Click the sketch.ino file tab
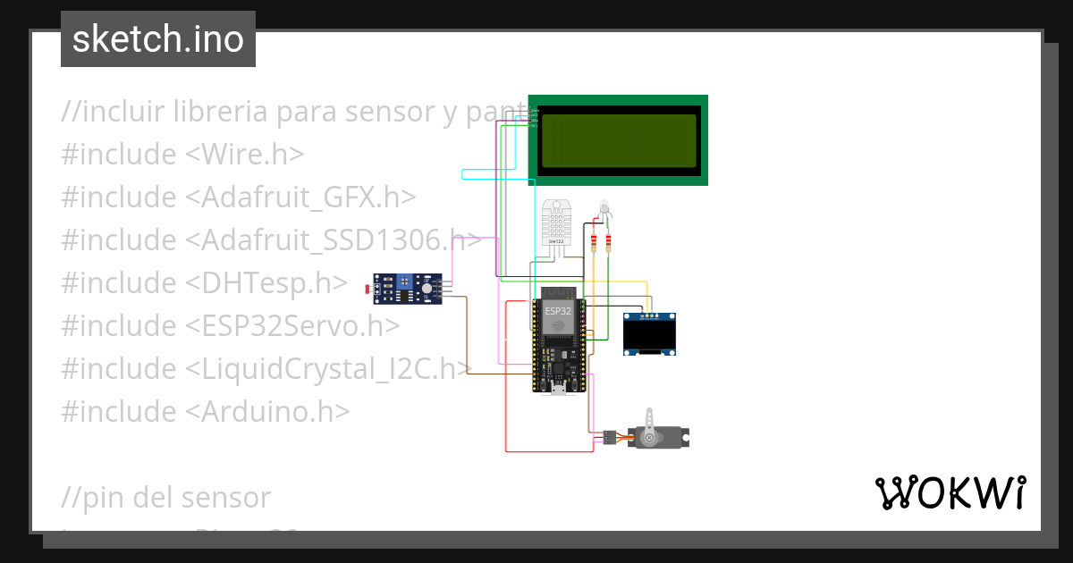click(158, 39)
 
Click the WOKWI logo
click(950, 492)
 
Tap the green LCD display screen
click(618, 140)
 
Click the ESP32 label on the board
click(558, 310)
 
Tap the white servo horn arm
click(651, 422)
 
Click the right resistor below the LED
click(609, 241)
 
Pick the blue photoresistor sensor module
click(409, 289)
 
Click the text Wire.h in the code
click(244, 154)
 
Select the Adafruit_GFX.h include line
click(239, 197)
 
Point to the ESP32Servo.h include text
click(292, 325)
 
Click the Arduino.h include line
click(206, 411)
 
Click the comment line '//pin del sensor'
click(166, 497)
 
